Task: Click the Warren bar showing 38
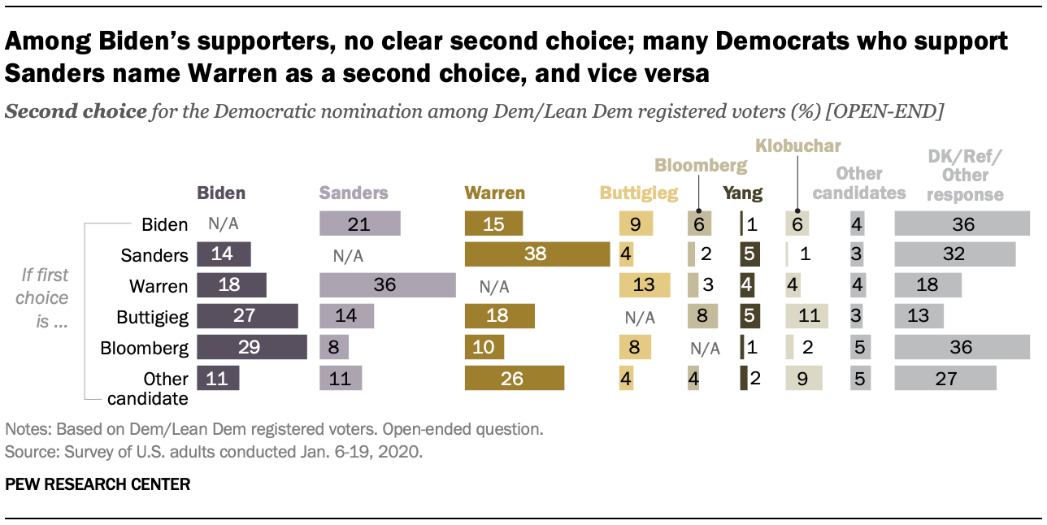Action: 537,254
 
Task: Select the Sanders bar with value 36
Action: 387,286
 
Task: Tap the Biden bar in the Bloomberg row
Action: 251,347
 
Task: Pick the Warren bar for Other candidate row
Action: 514,378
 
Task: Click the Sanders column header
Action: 354,193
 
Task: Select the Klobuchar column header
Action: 797,146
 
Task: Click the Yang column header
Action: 744,193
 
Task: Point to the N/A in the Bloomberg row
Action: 704,348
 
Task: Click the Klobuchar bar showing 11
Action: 806,317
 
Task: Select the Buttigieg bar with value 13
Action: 645,286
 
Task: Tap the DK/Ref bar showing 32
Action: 954,254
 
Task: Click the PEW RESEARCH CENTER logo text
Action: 98,485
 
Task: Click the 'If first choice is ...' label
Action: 45,297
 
